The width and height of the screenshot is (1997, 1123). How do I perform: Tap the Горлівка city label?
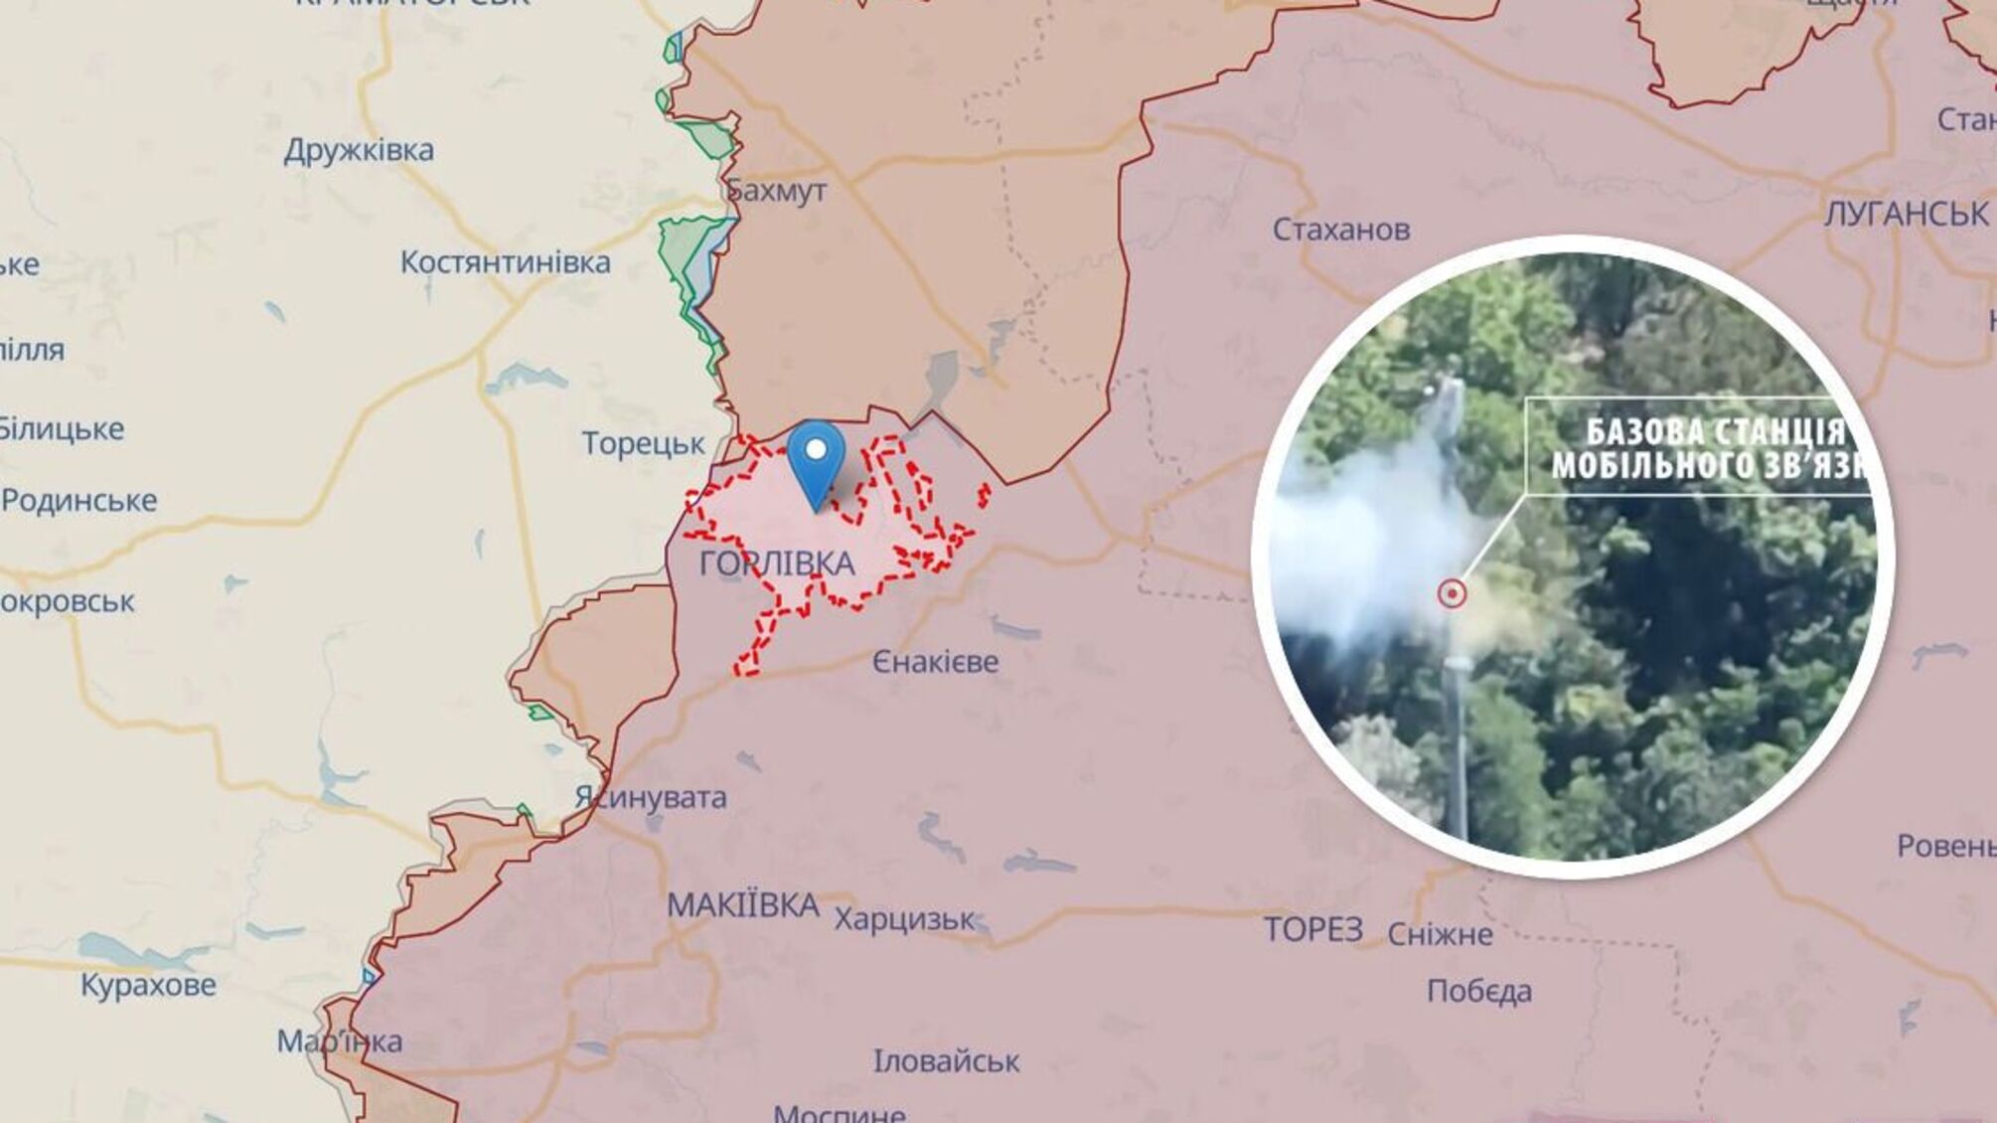[777, 563]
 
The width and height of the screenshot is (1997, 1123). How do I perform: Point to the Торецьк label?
[643, 443]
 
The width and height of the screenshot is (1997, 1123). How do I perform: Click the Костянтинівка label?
[505, 262]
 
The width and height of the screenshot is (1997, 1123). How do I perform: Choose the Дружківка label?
[359, 150]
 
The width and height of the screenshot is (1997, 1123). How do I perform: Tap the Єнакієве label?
[935, 662]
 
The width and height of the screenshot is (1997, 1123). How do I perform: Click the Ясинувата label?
[651, 797]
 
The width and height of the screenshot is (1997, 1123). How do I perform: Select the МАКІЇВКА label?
[743, 905]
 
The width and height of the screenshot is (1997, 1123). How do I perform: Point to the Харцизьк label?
[904, 919]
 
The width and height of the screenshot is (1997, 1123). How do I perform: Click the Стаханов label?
[1341, 230]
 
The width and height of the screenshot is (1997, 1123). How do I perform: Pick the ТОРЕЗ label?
[1312, 930]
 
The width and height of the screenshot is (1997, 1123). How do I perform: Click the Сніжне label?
[1440, 934]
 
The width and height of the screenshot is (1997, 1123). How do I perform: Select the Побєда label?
[1479, 991]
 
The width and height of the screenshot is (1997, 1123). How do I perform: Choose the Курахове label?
[148, 985]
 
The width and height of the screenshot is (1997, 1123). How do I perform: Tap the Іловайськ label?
[946, 1061]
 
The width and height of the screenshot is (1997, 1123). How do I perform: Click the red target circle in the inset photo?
[1453, 594]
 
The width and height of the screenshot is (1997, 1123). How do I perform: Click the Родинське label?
[78, 500]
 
